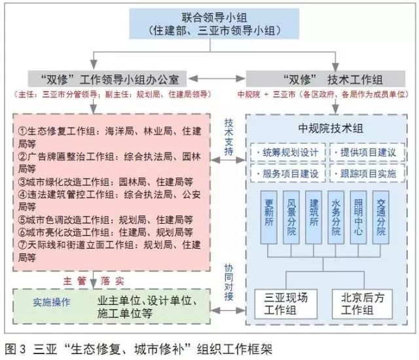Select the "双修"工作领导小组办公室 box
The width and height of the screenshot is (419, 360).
pos(112,78)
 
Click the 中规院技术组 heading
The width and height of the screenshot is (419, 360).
pos(325,128)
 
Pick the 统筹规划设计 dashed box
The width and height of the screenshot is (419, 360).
pos(287,153)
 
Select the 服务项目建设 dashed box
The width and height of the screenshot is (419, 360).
pos(287,173)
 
